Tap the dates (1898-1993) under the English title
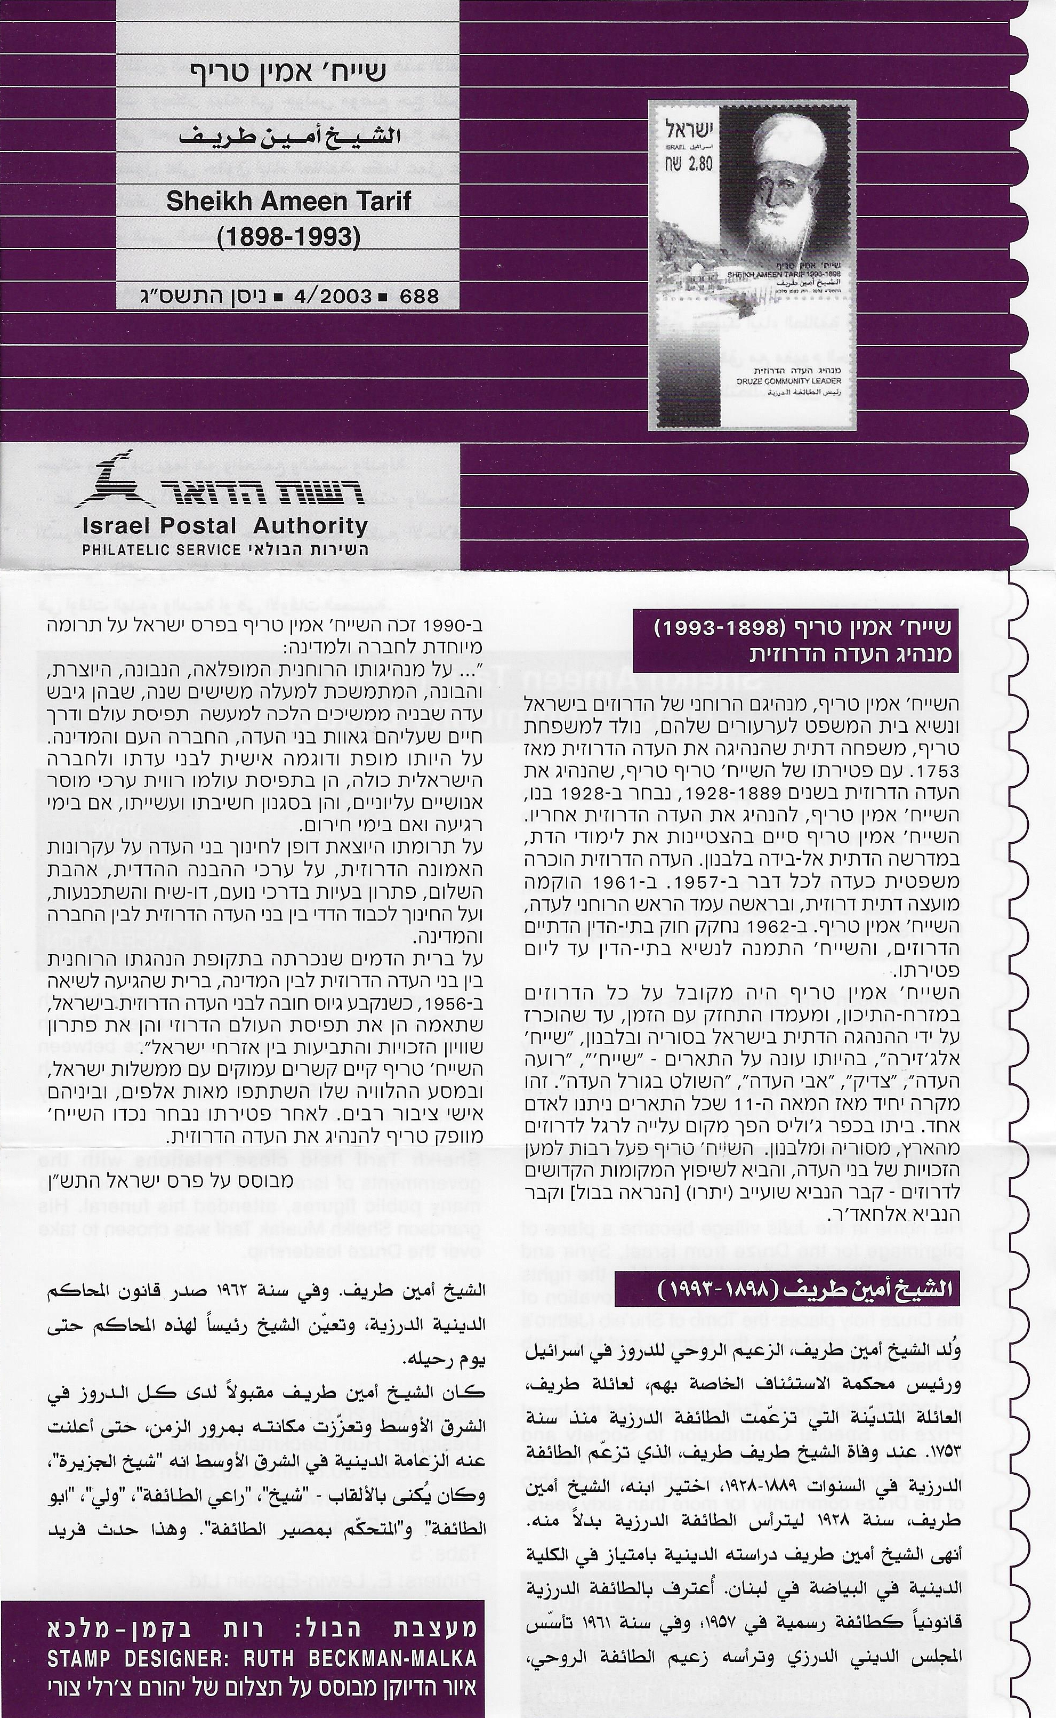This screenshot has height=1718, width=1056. pos(288,237)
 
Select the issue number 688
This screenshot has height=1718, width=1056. pos(418,296)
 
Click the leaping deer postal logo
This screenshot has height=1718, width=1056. pos(119,483)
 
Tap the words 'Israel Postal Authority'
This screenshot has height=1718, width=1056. pos(225,525)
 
